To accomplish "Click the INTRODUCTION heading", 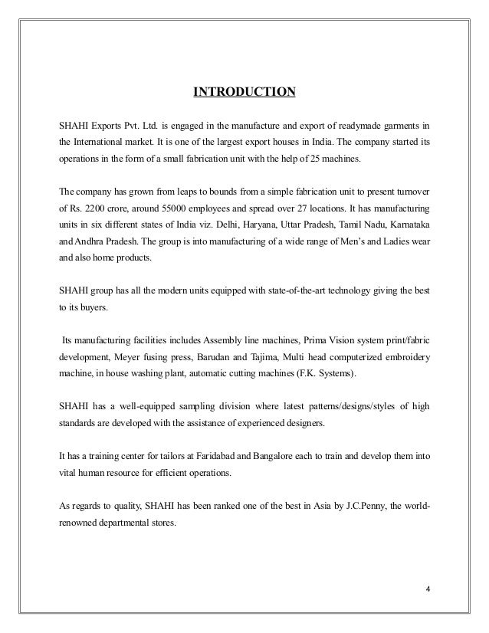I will (244, 93).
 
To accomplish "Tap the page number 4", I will (428, 591).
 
